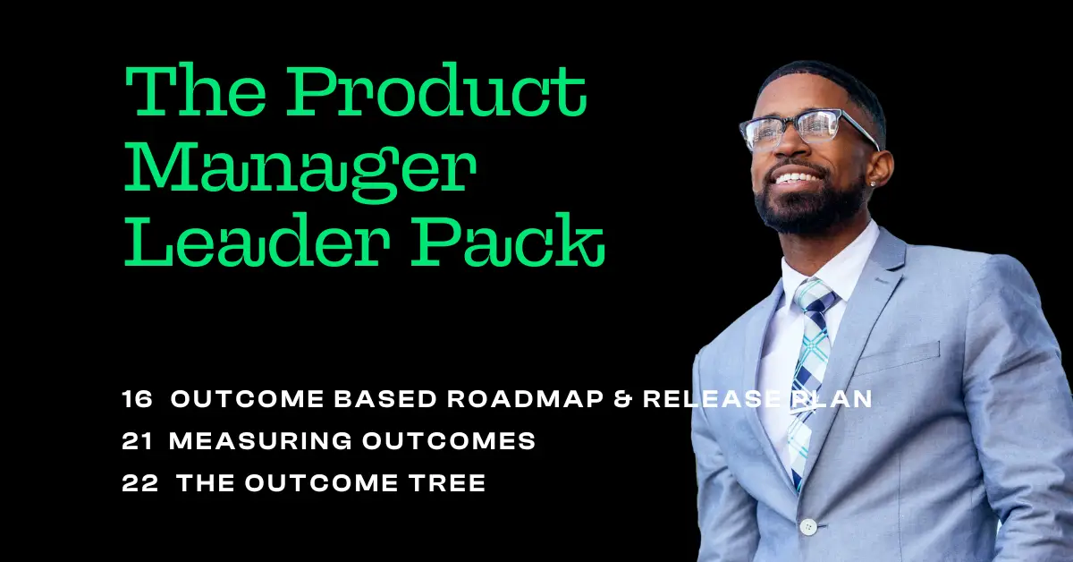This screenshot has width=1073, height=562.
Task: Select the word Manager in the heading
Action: pyautogui.click(x=297, y=169)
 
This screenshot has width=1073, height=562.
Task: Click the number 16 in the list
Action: pyautogui.click(x=138, y=400)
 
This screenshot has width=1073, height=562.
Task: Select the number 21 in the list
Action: pyautogui.click(x=138, y=441)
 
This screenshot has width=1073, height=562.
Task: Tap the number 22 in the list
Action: pyautogui.click(x=139, y=483)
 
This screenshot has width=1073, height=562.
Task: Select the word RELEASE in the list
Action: pyautogui.click(x=708, y=400)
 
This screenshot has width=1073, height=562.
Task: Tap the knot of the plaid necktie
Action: pyautogui.click(x=815, y=298)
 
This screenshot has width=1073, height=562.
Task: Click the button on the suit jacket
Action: pyautogui.click(x=808, y=526)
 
